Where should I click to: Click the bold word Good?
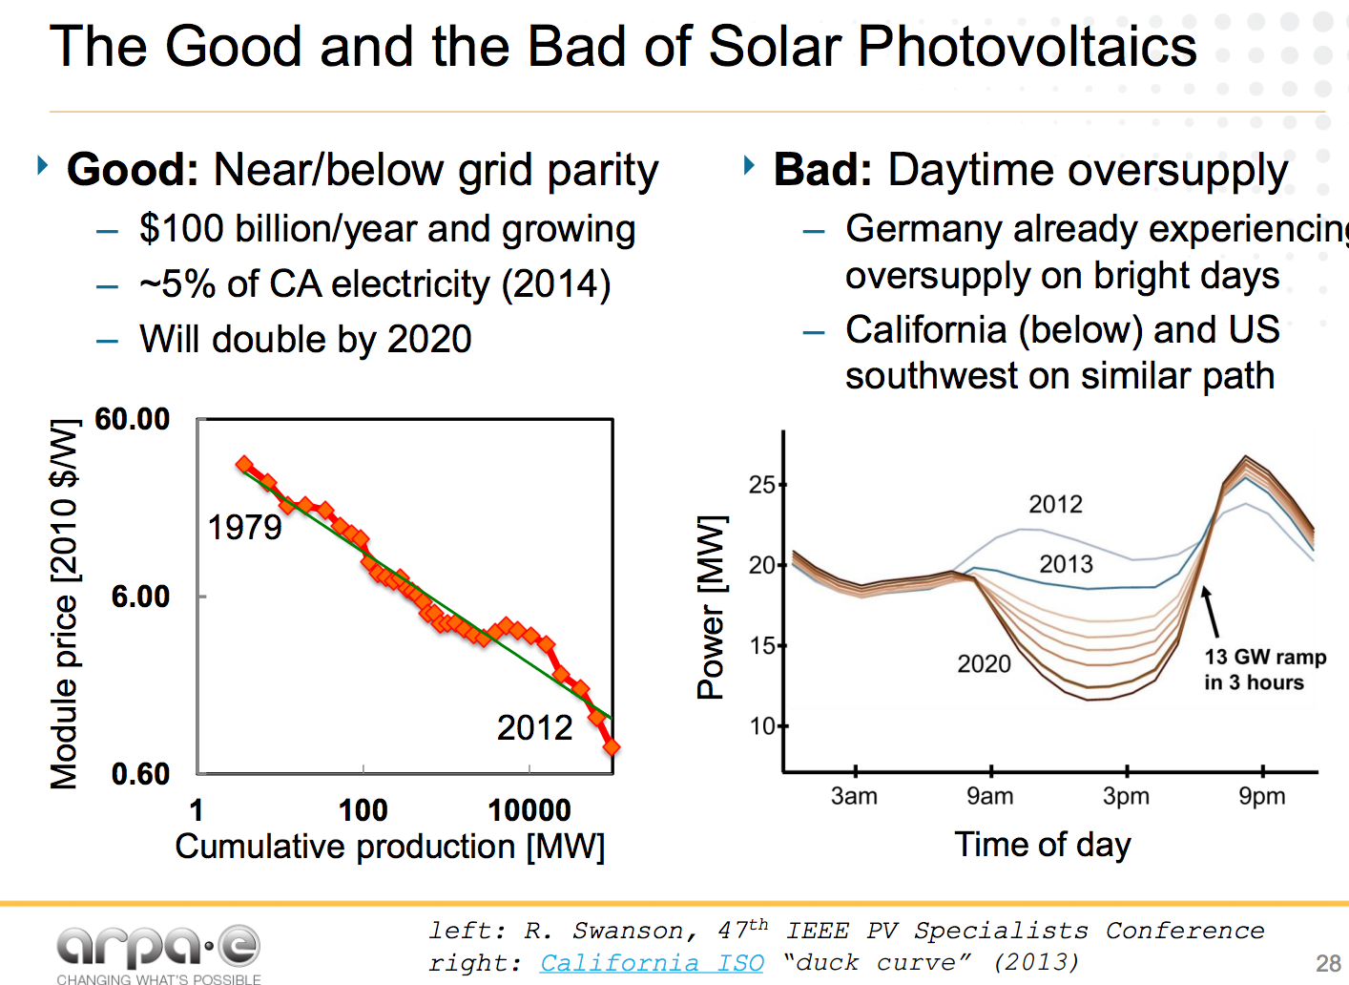point(133,170)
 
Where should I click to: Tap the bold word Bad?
point(822,170)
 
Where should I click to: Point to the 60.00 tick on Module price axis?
point(132,419)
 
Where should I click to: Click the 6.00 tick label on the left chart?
point(139,597)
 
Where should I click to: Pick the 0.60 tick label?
point(139,774)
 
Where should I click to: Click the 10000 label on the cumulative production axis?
point(529,810)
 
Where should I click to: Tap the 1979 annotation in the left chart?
point(245,527)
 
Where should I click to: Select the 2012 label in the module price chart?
point(534,728)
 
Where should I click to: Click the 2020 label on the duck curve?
point(984,664)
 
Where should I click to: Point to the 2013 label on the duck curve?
point(1066,564)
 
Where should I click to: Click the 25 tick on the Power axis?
point(761,485)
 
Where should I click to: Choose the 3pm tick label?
point(1126,796)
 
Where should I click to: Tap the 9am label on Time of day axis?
point(989,796)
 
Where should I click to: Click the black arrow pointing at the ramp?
point(1210,611)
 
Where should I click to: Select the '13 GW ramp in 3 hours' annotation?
point(1264,669)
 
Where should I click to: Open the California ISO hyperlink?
point(652,962)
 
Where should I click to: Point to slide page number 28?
point(1328,963)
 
